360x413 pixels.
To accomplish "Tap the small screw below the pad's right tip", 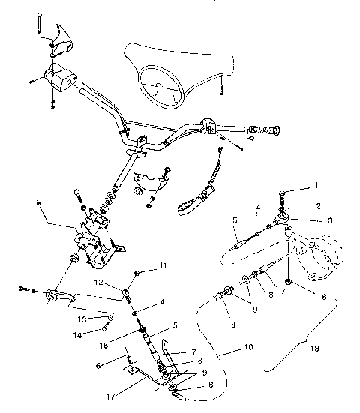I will tap(223, 93).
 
